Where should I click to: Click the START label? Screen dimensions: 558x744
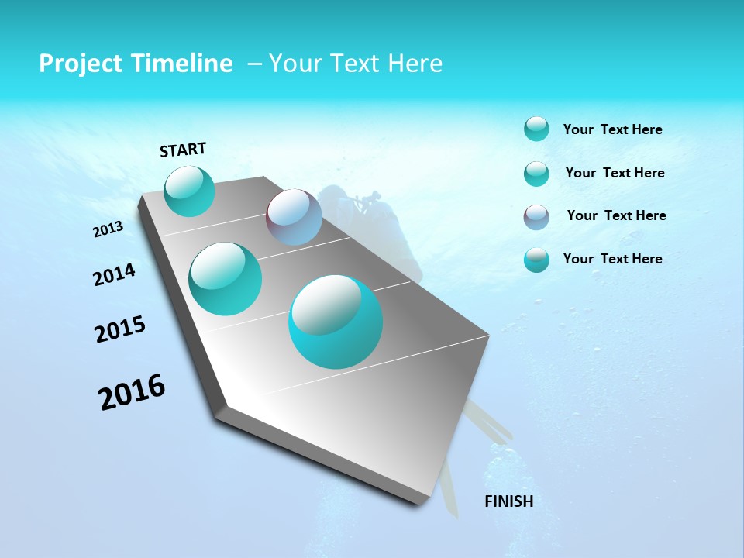coord(183,150)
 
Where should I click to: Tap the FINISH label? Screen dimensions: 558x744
coord(509,501)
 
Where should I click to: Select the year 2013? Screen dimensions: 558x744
coord(108,229)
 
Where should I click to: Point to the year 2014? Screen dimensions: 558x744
coord(114,274)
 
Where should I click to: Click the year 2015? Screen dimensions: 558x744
coord(120,329)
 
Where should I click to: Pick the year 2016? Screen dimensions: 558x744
coord(132,392)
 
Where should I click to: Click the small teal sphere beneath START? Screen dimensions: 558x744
coord(190,191)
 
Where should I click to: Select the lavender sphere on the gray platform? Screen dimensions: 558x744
coord(294,217)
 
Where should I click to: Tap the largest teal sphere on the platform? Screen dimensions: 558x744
coord(336,322)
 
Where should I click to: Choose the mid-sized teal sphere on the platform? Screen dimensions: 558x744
coord(226,278)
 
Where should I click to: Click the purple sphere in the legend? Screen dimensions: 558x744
coord(536,217)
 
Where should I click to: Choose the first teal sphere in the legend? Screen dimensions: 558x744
coord(536,129)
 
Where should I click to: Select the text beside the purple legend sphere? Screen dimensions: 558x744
coord(616,215)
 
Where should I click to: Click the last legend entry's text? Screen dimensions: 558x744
coord(612,259)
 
